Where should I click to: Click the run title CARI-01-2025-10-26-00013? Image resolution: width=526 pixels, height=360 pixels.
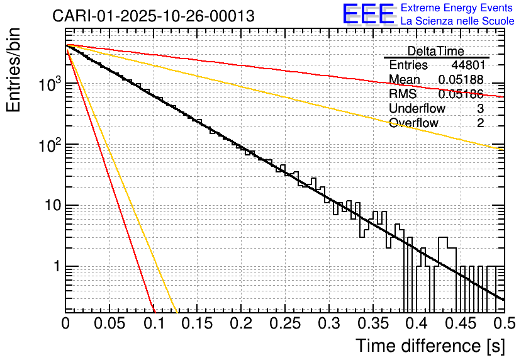pos(154,16)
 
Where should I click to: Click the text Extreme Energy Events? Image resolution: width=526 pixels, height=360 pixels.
pos(457,8)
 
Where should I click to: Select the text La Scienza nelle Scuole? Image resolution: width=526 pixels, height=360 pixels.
pos(457,21)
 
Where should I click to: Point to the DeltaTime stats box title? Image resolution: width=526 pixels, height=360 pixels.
pos(436,51)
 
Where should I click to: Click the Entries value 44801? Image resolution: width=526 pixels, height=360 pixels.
pos(467,65)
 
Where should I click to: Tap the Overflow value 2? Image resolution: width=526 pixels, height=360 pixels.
pos(480,123)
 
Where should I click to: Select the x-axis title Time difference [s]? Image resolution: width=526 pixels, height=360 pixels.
pos(430,346)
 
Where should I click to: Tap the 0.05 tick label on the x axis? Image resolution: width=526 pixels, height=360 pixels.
pos(109,323)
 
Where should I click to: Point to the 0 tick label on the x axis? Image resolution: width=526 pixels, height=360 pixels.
pos(66,323)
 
